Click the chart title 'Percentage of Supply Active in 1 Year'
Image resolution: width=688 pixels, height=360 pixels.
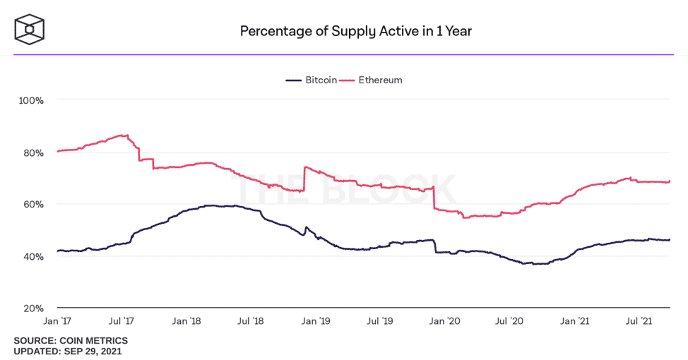pos(356,32)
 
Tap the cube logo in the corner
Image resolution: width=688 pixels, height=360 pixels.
pos(30,30)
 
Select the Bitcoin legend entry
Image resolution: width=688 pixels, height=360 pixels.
pos(311,80)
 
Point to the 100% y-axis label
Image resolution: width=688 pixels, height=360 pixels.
pos(31,100)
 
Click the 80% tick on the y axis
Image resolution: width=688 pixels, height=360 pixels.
pos(33,153)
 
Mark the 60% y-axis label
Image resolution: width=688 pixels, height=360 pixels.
pos(33,204)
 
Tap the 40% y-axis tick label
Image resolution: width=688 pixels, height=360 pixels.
pos(33,256)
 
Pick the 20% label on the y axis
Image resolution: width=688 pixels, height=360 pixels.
pos(33,308)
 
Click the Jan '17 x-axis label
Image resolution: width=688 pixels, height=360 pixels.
pos(57,321)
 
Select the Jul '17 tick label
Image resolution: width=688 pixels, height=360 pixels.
pos(121,321)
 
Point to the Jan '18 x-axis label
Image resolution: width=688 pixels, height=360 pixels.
pos(186,321)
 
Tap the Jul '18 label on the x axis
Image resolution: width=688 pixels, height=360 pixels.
pos(251,321)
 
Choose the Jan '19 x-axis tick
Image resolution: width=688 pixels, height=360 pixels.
pos(316,321)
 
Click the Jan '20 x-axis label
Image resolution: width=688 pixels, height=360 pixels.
pos(445,321)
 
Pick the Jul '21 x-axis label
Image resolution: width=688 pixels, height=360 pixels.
pos(639,321)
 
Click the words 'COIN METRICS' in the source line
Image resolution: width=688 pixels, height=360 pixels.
pos(94,341)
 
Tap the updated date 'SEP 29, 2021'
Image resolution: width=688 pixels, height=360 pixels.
pos(93,352)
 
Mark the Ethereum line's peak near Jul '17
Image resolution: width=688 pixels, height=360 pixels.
pos(127,135)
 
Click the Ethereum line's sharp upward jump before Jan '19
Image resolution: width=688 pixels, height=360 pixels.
pos(304,179)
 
